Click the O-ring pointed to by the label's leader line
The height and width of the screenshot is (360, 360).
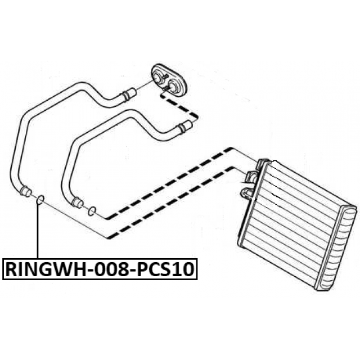(x=40, y=200)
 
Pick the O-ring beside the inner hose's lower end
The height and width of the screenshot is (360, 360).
(x=92, y=211)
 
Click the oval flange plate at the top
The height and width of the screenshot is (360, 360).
(x=170, y=80)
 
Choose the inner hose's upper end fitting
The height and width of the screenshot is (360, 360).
(x=185, y=127)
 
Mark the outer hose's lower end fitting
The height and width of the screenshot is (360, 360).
(x=25, y=191)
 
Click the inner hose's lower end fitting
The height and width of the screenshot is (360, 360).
(x=77, y=202)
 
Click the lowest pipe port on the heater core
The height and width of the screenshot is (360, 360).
(x=246, y=192)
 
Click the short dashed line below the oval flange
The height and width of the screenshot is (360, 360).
(x=179, y=105)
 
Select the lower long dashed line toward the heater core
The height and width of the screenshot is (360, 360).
(x=169, y=202)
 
